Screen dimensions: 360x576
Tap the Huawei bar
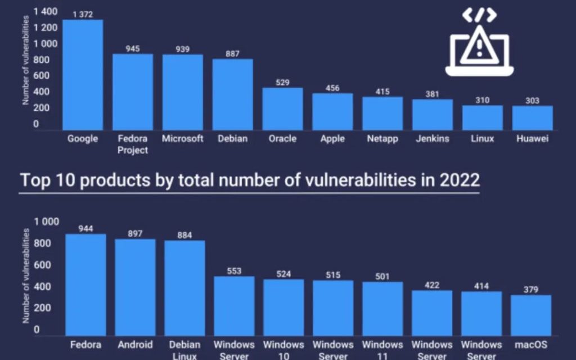(x=532, y=118)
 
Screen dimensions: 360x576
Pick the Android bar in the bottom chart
(x=135, y=287)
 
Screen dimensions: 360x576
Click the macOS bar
(x=531, y=315)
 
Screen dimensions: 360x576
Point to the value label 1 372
(x=83, y=14)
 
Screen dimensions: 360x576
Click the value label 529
(x=282, y=82)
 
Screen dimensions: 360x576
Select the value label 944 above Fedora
(x=85, y=228)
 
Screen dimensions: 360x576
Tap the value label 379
(x=531, y=290)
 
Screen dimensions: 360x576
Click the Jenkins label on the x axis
(x=433, y=138)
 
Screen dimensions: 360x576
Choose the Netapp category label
(x=382, y=138)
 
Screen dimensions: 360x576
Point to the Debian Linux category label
(x=184, y=350)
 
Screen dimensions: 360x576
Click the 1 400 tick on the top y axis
(x=46, y=11)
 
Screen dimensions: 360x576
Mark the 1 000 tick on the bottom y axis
(x=47, y=222)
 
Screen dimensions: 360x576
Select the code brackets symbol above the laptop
(x=479, y=15)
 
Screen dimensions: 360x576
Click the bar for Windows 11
(x=382, y=308)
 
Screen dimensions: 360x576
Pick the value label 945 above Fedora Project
(x=133, y=48)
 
